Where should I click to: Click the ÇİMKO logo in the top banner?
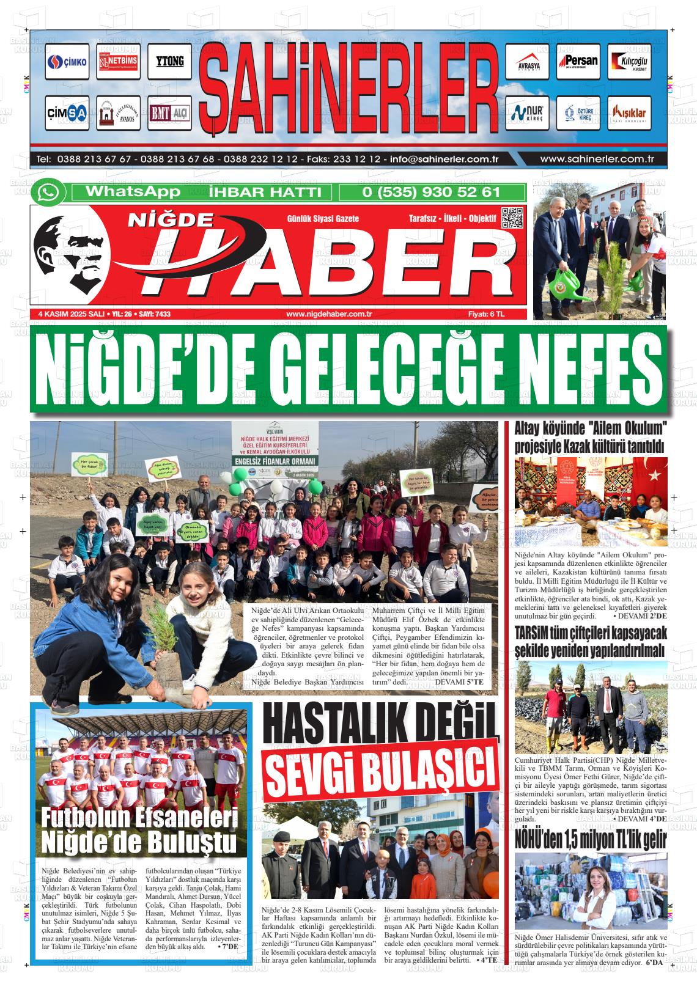click(x=67, y=62)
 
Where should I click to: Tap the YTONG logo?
click(x=169, y=62)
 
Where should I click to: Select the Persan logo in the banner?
click(x=578, y=62)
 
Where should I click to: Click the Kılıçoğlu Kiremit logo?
click(x=629, y=62)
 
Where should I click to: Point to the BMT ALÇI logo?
click(x=169, y=113)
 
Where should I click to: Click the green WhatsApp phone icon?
click(x=48, y=193)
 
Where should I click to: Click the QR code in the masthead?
click(x=512, y=218)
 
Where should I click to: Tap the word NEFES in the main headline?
click(x=584, y=371)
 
